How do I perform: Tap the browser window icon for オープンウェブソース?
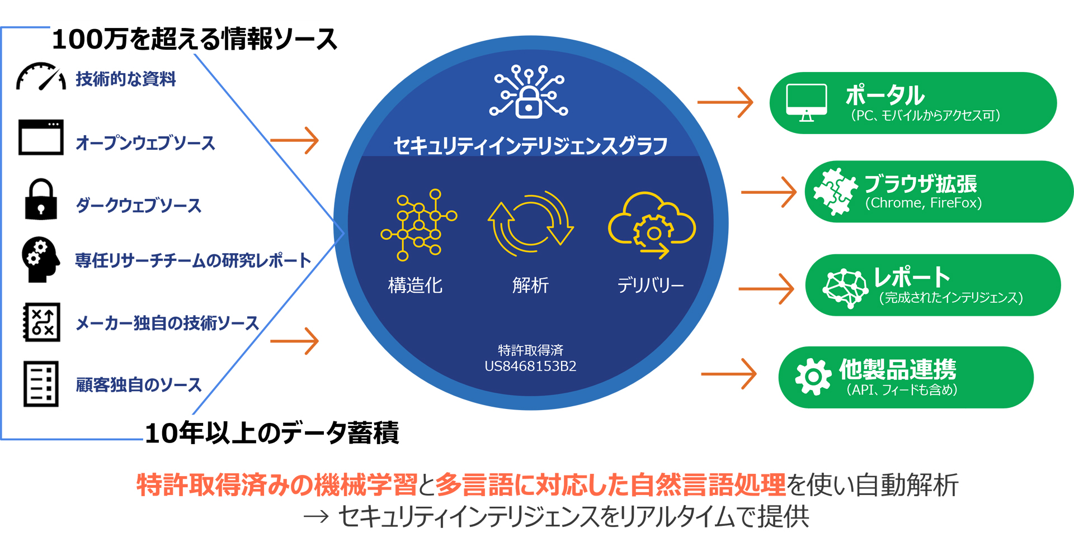(x=41, y=137)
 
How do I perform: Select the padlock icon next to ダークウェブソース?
(x=41, y=199)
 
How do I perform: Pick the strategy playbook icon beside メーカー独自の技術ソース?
(x=41, y=322)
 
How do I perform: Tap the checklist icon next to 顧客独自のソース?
(x=41, y=384)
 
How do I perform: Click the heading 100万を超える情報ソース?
(x=195, y=39)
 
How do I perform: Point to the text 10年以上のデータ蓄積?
(x=272, y=432)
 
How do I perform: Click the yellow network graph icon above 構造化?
(x=419, y=225)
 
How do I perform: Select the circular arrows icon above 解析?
(x=531, y=224)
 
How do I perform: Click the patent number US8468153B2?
(x=530, y=367)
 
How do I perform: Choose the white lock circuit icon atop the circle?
(x=529, y=92)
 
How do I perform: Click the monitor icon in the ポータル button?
(x=807, y=103)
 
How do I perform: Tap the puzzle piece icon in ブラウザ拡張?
(x=835, y=192)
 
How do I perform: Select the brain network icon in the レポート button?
(x=846, y=287)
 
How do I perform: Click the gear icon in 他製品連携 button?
(x=813, y=377)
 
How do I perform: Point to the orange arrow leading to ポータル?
(x=725, y=102)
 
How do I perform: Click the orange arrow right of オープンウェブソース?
(x=294, y=140)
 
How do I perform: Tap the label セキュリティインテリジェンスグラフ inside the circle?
(x=530, y=146)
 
